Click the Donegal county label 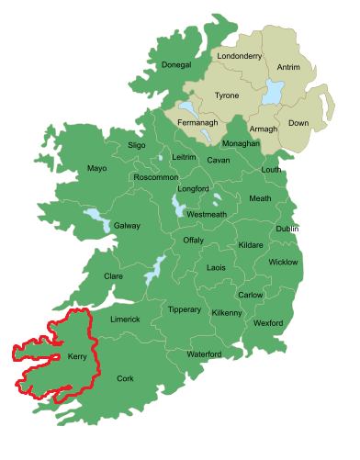click(175, 65)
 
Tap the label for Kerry click(77, 360)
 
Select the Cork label click(125, 378)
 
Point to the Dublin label click(287, 229)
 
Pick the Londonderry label click(239, 56)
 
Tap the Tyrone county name click(226, 95)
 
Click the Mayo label click(97, 169)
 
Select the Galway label click(127, 225)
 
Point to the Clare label click(113, 275)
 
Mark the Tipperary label click(184, 310)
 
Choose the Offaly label click(193, 240)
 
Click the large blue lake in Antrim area click(273, 92)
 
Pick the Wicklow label click(283, 262)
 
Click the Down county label click(298, 122)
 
